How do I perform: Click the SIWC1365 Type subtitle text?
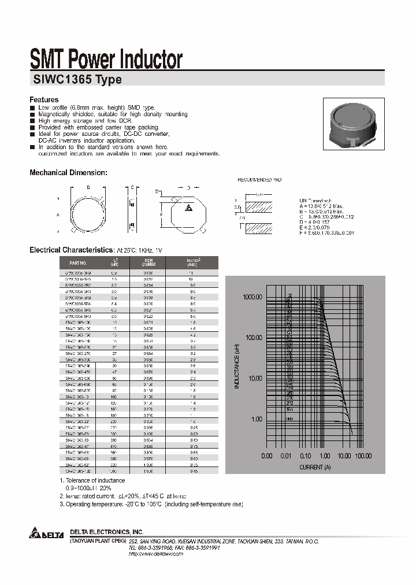[x=76, y=80]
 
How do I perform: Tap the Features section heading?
[x=44, y=100]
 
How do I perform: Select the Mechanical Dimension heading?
[x=68, y=172]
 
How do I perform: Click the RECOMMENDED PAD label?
[x=259, y=180]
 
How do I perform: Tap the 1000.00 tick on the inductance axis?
[x=252, y=297]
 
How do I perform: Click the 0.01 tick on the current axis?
[x=285, y=456]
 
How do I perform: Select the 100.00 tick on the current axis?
[x=363, y=456]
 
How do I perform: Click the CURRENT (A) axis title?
[x=315, y=466]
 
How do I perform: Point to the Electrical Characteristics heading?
[x=71, y=250]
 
